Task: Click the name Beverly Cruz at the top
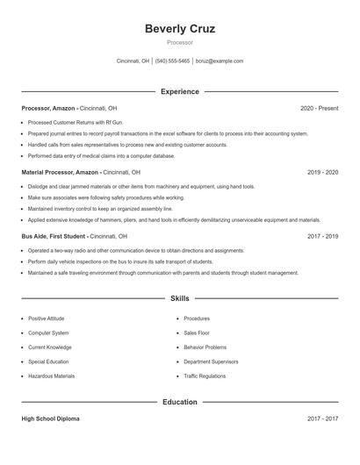[180, 28]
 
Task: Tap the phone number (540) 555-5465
[173, 61]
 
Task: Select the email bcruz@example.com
[220, 61]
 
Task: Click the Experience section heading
[180, 91]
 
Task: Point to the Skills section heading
[180, 299]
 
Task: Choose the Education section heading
[180, 402]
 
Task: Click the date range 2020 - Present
[319, 108]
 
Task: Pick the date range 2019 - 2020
[322, 172]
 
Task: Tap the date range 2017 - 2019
[322, 236]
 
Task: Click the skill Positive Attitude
[46, 318]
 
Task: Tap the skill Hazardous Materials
[51, 376]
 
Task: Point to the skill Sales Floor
[198, 333]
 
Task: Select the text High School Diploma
[50, 419]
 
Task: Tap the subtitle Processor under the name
[180, 42]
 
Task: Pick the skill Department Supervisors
[212, 361]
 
